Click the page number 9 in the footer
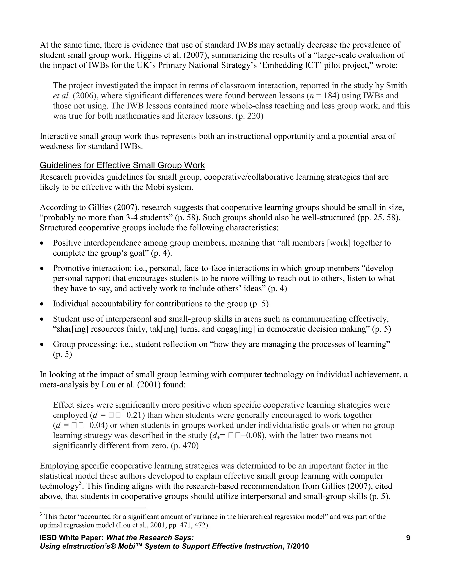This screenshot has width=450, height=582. [x=408, y=538]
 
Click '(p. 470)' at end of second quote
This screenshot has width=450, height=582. [x=185, y=446]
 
